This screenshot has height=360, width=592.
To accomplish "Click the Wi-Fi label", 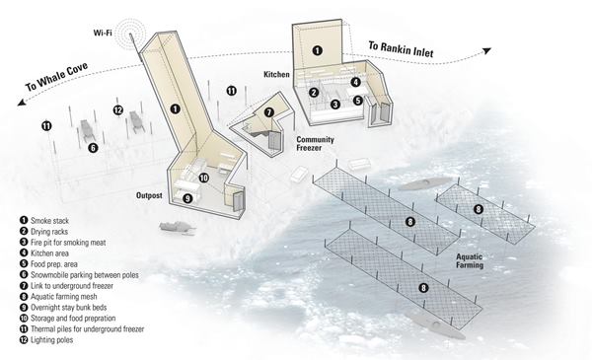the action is coord(103,33).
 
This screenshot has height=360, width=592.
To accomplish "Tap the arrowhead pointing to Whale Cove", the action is coord(22,103).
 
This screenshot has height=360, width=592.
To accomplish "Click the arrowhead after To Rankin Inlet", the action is coord(487,50).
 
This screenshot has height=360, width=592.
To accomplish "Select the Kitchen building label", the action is coord(276,74).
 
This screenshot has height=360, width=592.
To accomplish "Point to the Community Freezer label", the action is coord(315,143).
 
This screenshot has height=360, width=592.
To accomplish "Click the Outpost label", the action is coord(149,195).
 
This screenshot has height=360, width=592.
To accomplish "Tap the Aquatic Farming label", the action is coord(470,260).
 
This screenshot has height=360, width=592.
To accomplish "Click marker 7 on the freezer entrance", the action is coord(268,112).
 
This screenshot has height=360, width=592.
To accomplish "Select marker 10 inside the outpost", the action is coord(204,178).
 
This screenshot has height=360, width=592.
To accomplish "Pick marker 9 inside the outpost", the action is coord(187,198).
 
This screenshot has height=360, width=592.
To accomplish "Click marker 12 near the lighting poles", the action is coord(118,110).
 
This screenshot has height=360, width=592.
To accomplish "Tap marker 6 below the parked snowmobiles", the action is coord(93,148).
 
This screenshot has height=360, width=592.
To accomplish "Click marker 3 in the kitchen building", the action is coord(335,105).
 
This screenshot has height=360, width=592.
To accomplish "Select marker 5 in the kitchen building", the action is coord(358,101).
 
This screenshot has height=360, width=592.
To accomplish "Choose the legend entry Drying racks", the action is coord(44,232).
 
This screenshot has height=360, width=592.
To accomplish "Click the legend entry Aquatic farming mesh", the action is coord(58,297).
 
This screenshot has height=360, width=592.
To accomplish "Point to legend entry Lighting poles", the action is coord(46,340).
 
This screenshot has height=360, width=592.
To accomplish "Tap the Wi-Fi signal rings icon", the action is coord(130,32).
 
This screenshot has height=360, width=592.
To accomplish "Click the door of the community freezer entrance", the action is coord(273,140).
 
